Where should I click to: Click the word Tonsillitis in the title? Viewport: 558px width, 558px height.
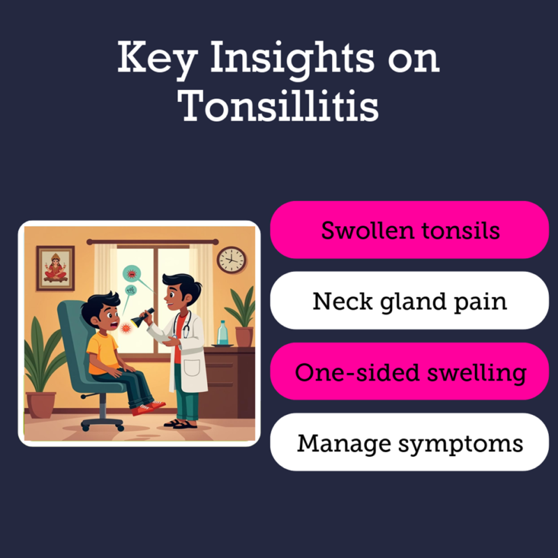[x=278, y=107]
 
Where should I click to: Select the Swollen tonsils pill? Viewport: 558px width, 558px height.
[x=409, y=230]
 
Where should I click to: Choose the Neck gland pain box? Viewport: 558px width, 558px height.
[x=409, y=301]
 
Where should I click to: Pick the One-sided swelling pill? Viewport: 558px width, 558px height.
[x=409, y=371]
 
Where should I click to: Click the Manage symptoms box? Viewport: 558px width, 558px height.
[x=409, y=442]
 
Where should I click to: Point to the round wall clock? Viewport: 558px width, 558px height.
[x=232, y=259]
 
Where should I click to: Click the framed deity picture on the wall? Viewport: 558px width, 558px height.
[x=55, y=265]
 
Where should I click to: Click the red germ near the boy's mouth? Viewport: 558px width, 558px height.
[x=126, y=328]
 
